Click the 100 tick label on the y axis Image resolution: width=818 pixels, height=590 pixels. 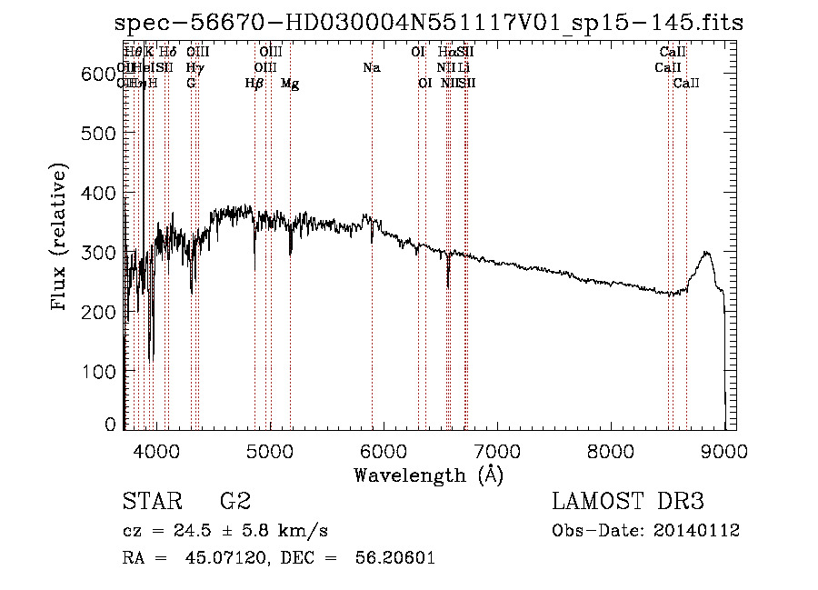tap(104, 371)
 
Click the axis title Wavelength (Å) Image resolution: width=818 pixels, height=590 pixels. tap(428, 475)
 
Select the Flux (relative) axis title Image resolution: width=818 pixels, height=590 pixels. tap(61, 239)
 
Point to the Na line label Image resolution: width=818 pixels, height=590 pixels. tap(371, 67)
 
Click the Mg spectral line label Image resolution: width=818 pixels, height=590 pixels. tap(290, 84)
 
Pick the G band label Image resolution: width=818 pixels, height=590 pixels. tap(191, 84)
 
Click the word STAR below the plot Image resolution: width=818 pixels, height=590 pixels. tap(150, 502)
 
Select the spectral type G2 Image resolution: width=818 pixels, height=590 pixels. tap(234, 502)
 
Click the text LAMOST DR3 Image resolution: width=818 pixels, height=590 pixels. tap(627, 502)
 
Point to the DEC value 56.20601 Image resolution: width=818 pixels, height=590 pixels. tap(398, 558)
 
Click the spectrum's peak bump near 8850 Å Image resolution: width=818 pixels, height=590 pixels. tap(706, 254)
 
